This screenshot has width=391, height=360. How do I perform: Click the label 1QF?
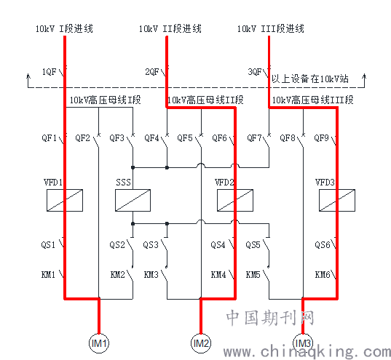click(x=49, y=72)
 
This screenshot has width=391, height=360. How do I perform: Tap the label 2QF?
click(x=152, y=72)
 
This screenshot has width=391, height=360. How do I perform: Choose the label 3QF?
click(x=255, y=72)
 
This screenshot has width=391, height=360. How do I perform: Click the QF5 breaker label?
click(x=185, y=137)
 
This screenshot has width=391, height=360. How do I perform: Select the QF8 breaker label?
click(x=288, y=137)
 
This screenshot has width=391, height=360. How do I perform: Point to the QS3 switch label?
click(x=151, y=244)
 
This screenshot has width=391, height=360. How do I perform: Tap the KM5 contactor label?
click(x=253, y=275)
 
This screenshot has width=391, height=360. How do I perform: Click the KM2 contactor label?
click(x=117, y=275)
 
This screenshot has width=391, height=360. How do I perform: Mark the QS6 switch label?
click(x=322, y=244)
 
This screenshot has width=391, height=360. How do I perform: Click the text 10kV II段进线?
click(x=170, y=28)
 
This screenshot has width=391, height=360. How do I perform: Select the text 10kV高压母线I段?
click(x=105, y=100)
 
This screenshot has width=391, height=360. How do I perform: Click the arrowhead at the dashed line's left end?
click(x=28, y=76)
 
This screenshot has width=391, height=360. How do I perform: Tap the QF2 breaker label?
click(x=82, y=137)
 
